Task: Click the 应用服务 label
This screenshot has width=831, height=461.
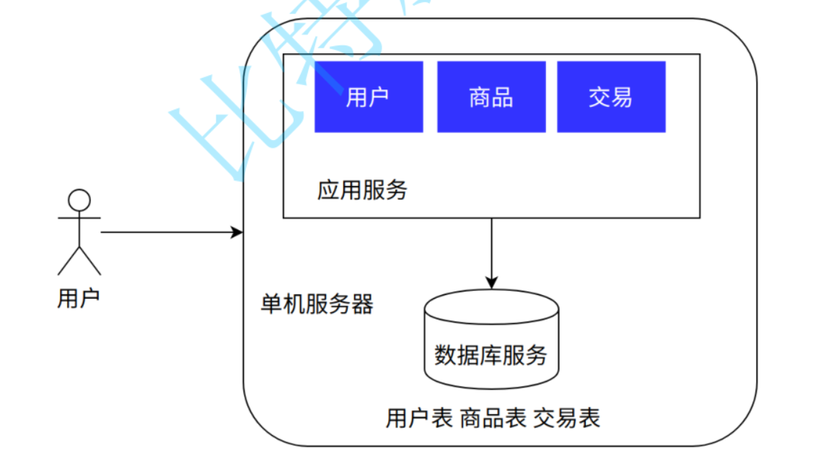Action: [362, 190]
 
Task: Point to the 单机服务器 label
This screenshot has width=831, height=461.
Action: [317, 304]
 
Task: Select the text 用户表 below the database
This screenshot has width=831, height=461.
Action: [419, 418]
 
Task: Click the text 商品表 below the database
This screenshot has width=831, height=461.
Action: [493, 418]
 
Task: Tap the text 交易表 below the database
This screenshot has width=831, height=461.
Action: [566, 418]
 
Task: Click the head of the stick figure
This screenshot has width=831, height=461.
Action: [79, 200]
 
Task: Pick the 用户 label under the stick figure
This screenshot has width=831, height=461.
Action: [78, 298]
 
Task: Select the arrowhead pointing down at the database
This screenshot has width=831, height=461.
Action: [491, 282]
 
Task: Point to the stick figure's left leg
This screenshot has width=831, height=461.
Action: [69, 261]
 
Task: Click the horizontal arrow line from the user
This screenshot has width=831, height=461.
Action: [166, 232]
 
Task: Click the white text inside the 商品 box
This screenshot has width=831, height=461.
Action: [491, 97]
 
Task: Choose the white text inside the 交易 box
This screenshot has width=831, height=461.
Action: [611, 97]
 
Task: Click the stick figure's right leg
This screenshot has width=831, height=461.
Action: [89, 261]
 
